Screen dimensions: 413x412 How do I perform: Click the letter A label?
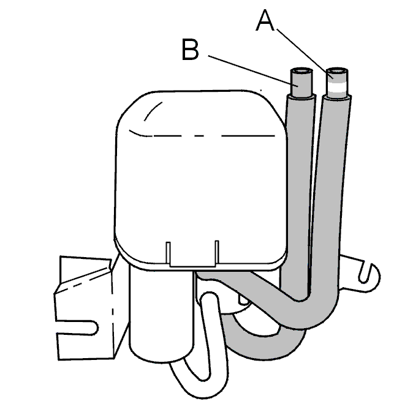point(265,20)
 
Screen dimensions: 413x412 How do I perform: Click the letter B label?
point(190,49)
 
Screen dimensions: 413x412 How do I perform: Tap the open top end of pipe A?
point(337,71)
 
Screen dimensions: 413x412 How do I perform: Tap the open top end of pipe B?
point(301,71)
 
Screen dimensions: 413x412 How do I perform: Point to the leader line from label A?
point(305,54)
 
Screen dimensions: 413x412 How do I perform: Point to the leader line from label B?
point(253,71)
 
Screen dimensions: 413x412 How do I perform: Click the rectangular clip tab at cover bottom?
point(192,255)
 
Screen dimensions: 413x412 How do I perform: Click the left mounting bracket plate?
point(85,308)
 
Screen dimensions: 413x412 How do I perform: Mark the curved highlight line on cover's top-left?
point(153,110)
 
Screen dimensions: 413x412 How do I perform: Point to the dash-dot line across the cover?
point(202,135)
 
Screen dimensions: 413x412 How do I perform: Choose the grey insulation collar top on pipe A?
point(337,97)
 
